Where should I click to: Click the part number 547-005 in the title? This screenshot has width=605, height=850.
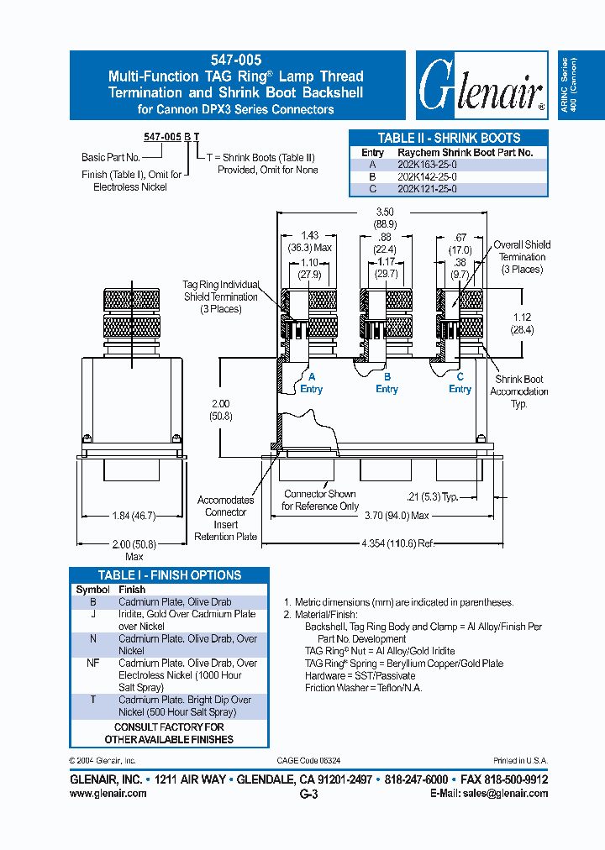click(x=236, y=60)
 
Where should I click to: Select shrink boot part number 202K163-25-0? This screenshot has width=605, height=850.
click(x=427, y=165)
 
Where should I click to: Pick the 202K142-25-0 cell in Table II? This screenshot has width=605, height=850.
click(x=427, y=177)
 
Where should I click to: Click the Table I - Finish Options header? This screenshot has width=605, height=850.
click(x=169, y=575)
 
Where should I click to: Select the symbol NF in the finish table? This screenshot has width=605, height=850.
click(x=93, y=663)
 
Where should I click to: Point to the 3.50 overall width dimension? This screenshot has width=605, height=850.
click(x=385, y=212)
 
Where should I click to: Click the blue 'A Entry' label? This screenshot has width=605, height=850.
click(x=311, y=383)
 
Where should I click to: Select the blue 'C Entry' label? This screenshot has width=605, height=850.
click(x=460, y=383)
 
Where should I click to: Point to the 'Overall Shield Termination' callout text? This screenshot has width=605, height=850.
click(x=522, y=256)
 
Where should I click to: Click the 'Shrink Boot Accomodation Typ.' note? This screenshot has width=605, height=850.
click(x=519, y=391)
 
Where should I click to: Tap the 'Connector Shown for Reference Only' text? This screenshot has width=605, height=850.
click(x=319, y=500)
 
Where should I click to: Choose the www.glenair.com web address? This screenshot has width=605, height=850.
click(x=108, y=794)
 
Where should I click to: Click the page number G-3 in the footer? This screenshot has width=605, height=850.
click(x=308, y=795)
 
